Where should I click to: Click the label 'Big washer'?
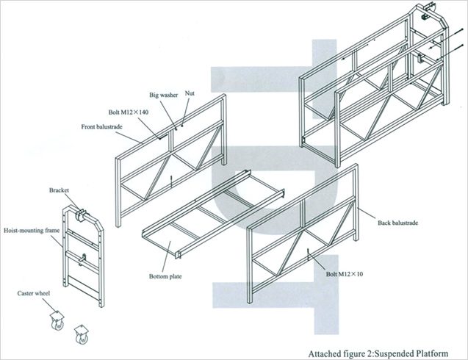pos(164,95)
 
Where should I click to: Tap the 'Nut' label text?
pos(190,93)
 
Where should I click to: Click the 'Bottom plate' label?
pos(165,277)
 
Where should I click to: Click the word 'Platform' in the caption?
pos(428,351)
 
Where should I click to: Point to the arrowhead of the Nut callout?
pos(181,123)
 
